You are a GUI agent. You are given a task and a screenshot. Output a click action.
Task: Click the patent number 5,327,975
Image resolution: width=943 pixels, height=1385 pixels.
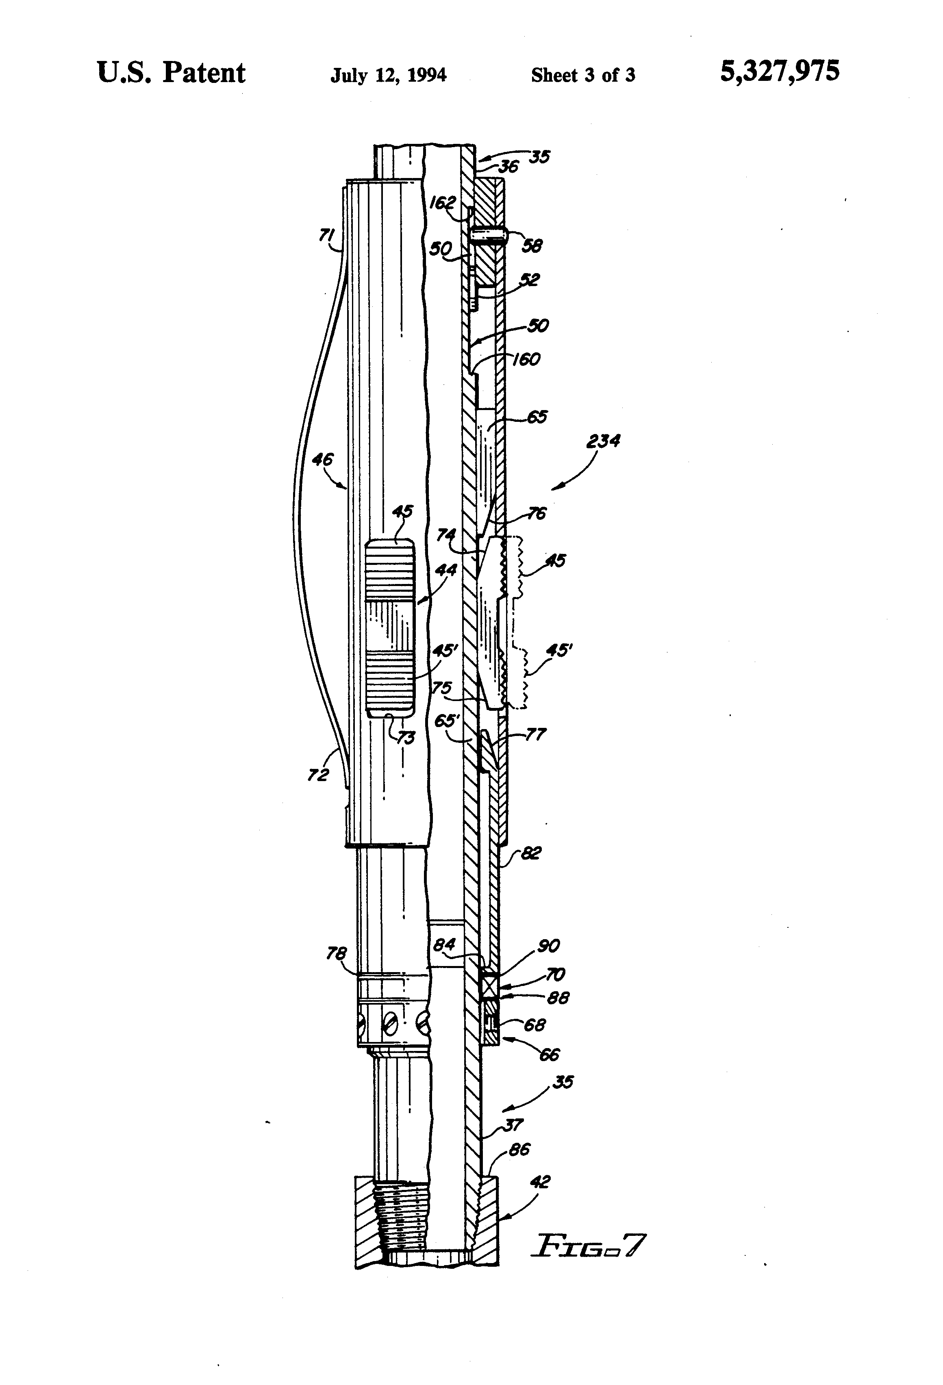(779, 72)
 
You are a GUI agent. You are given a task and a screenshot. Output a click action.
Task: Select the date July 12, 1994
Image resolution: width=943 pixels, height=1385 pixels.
(388, 75)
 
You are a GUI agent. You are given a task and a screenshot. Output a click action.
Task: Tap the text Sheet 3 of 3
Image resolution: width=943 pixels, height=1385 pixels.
(582, 75)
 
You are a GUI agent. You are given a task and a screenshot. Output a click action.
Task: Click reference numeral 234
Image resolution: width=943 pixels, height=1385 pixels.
(603, 442)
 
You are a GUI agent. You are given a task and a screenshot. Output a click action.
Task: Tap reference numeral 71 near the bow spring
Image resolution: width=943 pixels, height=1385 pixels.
(326, 236)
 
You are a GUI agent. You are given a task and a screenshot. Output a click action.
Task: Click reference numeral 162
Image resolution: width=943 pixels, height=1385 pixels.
(442, 203)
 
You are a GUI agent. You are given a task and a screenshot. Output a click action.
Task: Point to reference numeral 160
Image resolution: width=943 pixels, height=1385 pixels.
(526, 359)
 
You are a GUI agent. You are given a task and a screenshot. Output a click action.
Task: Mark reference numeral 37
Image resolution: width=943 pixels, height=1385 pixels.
(513, 1124)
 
